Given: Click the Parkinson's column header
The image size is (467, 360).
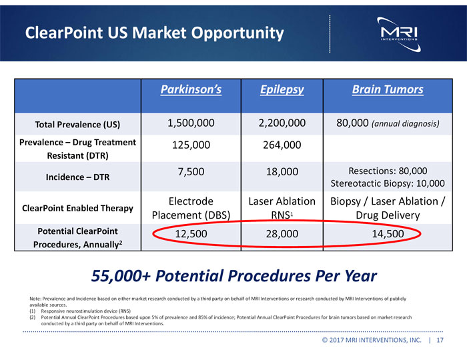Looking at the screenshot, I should point(190,89).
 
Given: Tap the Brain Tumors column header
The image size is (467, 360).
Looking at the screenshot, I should point(387,89).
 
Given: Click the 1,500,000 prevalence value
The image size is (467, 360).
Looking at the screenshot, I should point(190,123).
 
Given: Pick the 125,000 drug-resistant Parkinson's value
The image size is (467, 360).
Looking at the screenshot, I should point(190,145).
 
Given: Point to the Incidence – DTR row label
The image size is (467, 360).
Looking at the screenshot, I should point(77,177).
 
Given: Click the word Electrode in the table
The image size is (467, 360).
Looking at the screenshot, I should point(190,201).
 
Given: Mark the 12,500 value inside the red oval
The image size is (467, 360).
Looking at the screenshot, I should point(190,235).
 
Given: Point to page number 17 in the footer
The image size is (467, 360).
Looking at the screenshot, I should point(440,341).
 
